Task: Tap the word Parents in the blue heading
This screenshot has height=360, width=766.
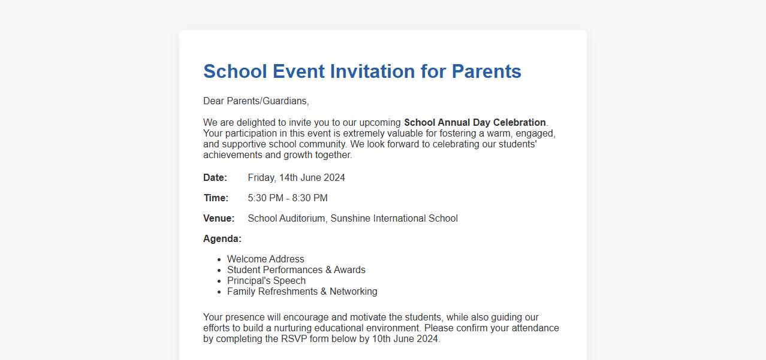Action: coord(486,71)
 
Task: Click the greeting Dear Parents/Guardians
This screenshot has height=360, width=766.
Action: coord(256,101)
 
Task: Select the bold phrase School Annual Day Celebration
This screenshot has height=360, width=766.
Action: coord(475,123)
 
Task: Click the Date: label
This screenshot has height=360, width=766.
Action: coord(215,178)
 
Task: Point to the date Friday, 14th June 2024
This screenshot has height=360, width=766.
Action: coord(296,178)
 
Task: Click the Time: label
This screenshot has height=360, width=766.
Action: coord(216,198)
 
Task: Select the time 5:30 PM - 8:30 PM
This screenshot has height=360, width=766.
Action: coord(288,198)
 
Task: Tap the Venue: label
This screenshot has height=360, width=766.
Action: coord(219,219)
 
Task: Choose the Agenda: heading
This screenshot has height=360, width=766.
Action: coord(222,239)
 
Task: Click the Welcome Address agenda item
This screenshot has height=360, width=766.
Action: coord(266,259)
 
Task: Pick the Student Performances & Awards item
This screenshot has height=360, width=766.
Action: coord(296,270)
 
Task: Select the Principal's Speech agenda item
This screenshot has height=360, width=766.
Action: coord(266,281)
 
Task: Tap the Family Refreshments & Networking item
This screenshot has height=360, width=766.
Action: coord(302,292)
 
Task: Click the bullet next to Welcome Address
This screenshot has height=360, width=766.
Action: coord(219,259)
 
